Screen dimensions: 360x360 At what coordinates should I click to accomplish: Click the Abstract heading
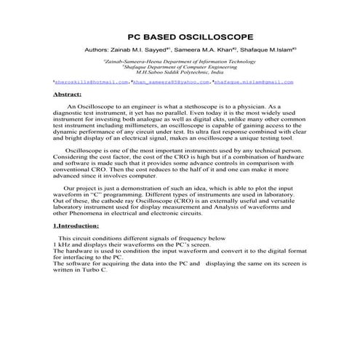69,95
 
